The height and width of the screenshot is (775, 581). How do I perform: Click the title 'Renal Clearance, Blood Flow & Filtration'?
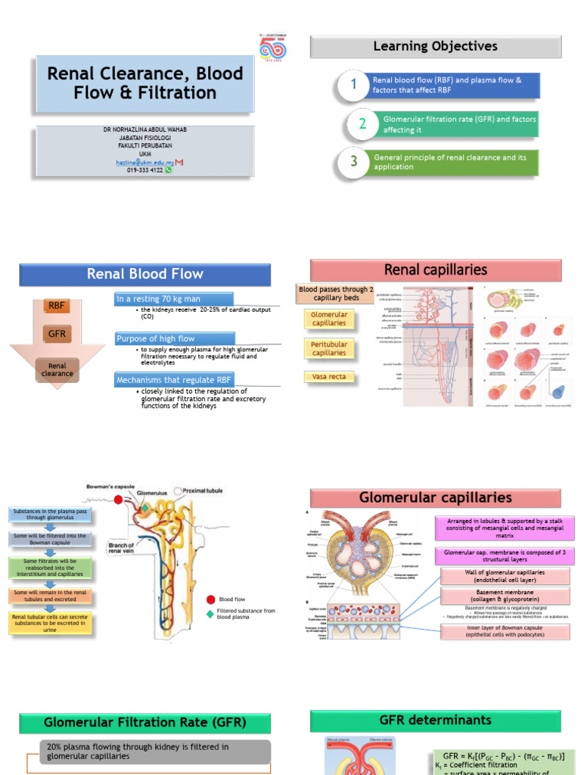coord(145,83)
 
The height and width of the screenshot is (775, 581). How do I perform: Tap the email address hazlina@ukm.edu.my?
coord(144,162)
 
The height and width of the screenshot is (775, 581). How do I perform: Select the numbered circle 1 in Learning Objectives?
coord(353,85)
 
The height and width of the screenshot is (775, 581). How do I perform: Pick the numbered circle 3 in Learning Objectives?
coord(353,161)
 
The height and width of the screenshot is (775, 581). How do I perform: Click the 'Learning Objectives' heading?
coord(435,46)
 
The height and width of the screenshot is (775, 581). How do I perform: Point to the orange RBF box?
coord(57,306)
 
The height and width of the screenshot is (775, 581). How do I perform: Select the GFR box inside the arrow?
coord(57,332)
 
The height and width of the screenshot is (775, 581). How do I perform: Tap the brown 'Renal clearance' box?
coord(57,369)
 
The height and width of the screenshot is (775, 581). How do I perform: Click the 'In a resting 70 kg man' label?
coord(174,299)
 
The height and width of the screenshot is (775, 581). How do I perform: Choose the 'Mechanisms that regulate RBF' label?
coord(175,378)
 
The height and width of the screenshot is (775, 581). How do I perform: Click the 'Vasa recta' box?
coord(329,376)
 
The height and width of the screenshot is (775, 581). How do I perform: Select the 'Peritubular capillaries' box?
coord(329,348)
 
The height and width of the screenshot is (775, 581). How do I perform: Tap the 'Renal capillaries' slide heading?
coord(435,269)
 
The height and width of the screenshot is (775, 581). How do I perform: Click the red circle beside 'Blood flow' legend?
coord(210,599)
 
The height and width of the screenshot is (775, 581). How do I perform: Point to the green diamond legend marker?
coord(210,613)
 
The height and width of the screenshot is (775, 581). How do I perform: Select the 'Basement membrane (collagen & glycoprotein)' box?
coord(505,596)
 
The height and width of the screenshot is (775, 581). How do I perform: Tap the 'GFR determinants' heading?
coord(435,720)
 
